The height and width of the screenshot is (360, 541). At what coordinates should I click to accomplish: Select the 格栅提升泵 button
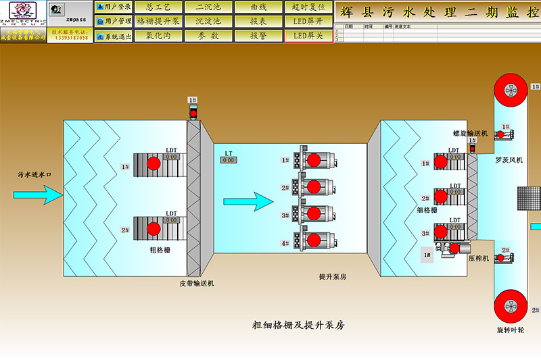[x=158, y=21]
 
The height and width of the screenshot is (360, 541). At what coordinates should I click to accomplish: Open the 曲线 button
[x=258, y=7]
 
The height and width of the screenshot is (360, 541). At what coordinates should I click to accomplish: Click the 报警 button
[x=258, y=36]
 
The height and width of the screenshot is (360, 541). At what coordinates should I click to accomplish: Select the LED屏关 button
[x=308, y=36]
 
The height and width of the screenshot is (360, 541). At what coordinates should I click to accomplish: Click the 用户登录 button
[x=114, y=7]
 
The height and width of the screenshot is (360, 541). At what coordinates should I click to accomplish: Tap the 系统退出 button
[x=114, y=36]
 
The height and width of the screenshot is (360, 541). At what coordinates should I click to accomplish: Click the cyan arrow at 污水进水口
[x=37, y=195]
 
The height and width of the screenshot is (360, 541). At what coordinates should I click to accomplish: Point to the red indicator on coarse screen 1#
[x=154, y=163]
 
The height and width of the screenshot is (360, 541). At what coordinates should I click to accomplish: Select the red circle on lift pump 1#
[x=313, y=160]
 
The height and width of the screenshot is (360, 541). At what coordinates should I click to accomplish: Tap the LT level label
[x=229, y=154]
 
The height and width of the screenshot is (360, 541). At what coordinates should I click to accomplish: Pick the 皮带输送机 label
[x=197, y=284]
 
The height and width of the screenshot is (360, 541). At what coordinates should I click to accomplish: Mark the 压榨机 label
[x=478, y=258]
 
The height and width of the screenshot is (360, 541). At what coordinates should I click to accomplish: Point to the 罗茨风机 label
[x=509, y=161]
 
